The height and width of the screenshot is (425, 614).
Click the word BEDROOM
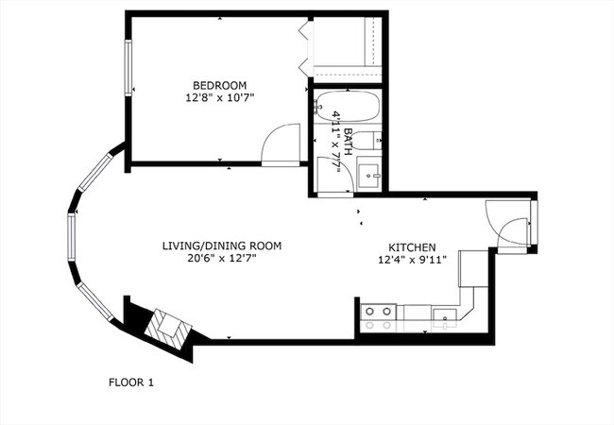(x=221, y=85)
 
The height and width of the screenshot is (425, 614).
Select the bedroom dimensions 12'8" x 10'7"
(x=221, y=97)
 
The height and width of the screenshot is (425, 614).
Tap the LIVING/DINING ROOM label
(x=221, y=246)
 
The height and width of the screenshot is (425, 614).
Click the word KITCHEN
(x=412, y=244)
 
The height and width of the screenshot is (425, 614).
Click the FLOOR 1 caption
(x=129, y=382)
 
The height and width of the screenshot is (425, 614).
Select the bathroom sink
(x=369, y=176)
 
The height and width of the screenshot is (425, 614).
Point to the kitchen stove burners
(x=380, y=316)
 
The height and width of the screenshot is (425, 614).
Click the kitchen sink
(x=443, y=318)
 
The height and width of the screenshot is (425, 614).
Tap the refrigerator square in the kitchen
(x=472, y=270)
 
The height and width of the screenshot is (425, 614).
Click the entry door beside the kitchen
(x=510, y=227)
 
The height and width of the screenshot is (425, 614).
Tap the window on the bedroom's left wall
(x=129, y=66)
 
